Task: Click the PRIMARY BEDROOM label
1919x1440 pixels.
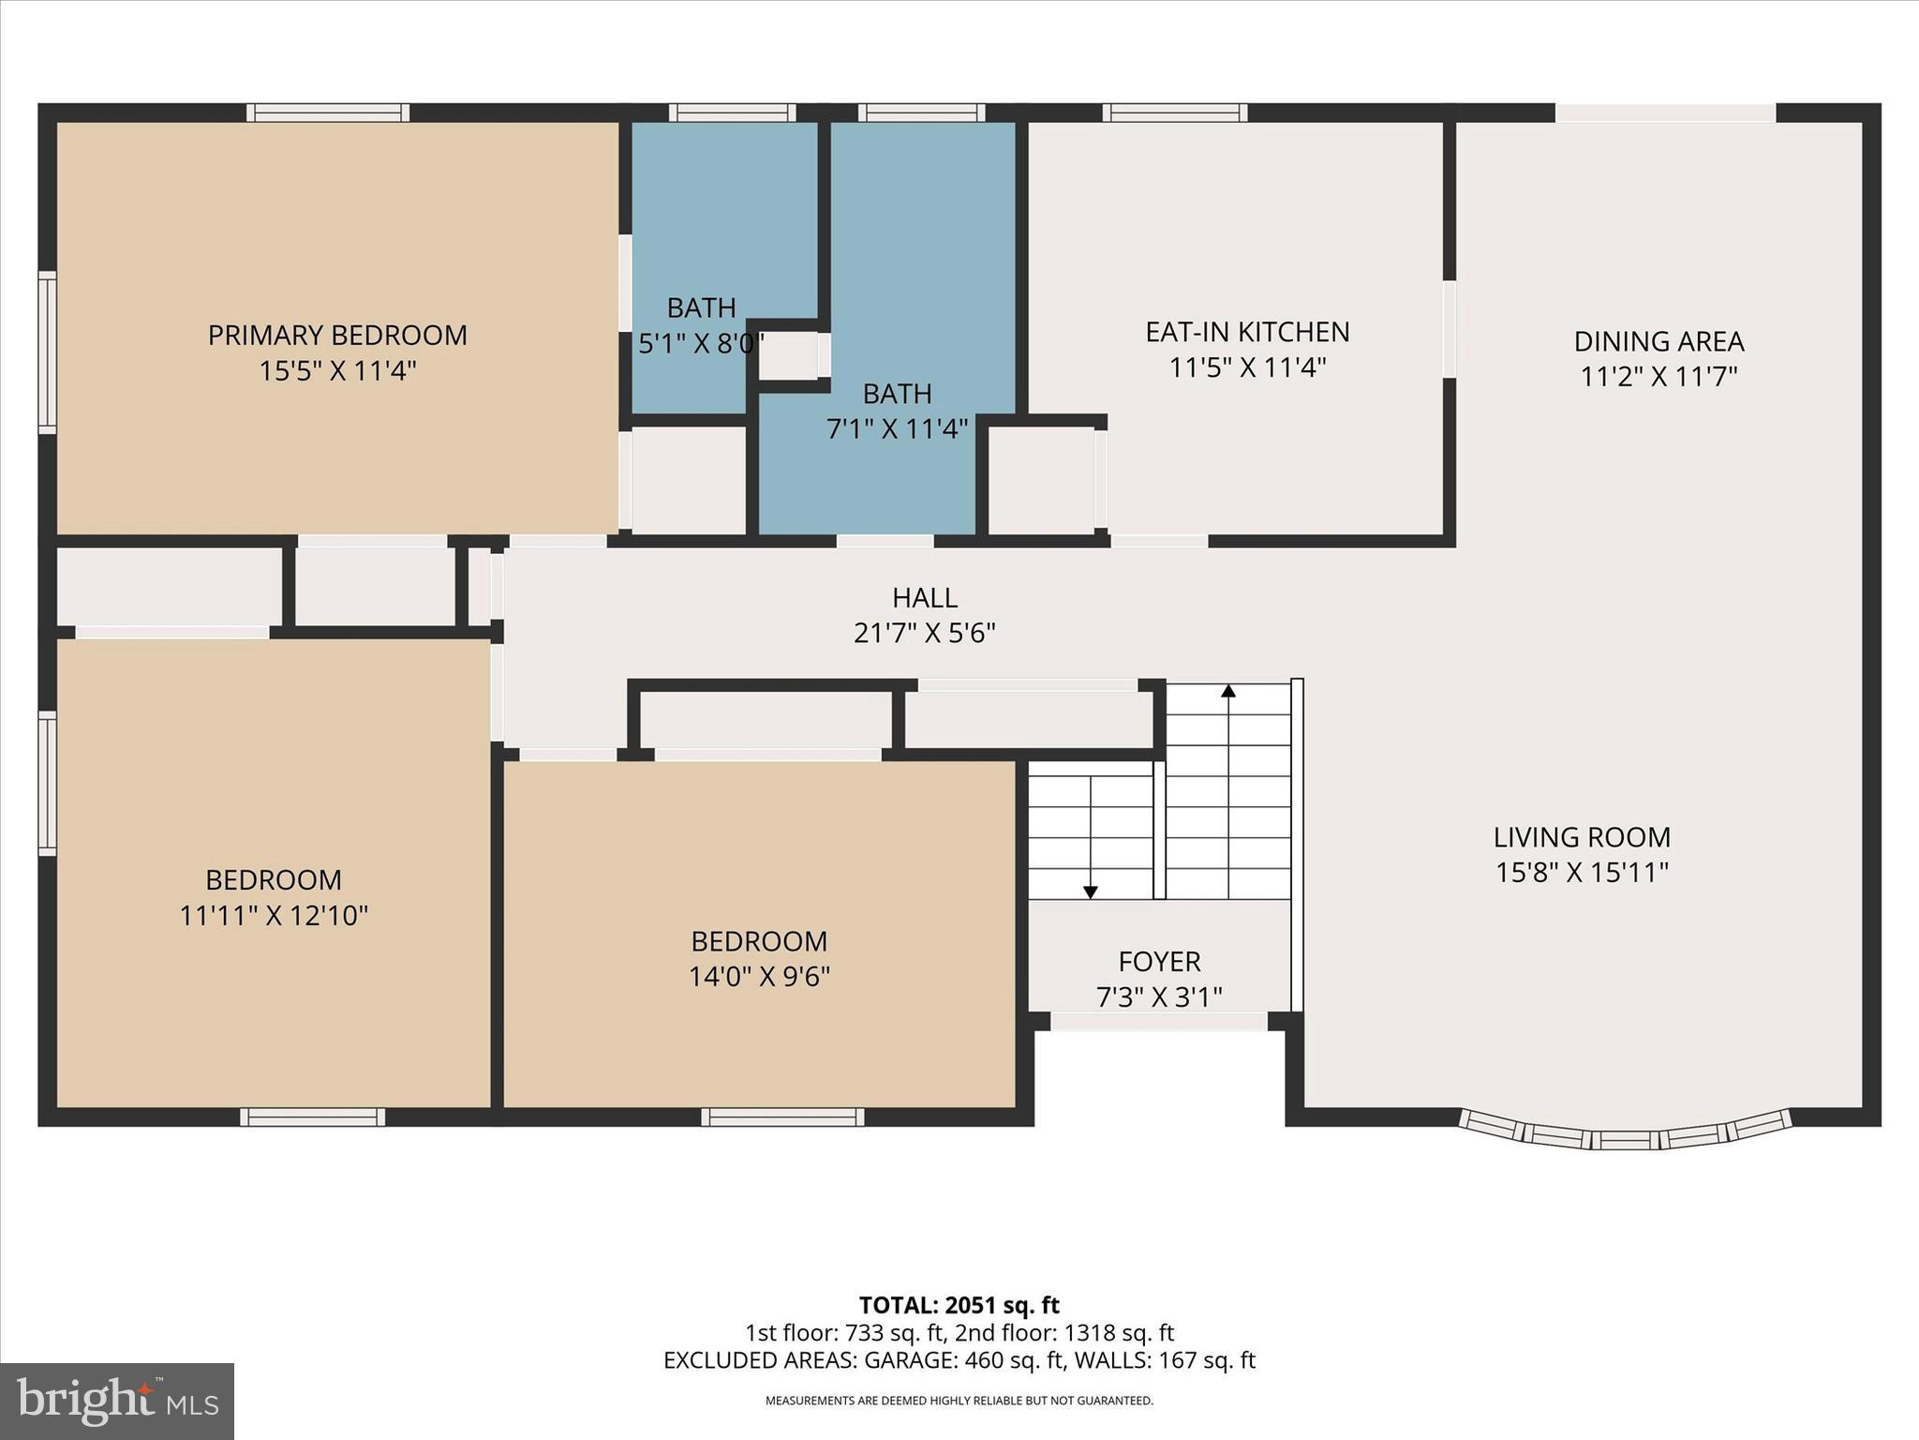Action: (337, 335)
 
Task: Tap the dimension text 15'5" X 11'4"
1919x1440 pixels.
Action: (337, 371)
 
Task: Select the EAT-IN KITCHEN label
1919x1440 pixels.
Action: (1247, 332)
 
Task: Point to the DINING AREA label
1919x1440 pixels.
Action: (1659, 341)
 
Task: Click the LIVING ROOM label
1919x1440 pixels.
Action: (1582, 837)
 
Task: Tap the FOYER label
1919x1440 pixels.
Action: (1159, 961)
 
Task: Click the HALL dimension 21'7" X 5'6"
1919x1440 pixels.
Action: (924, 634)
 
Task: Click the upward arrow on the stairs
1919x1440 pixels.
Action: (1228, 692)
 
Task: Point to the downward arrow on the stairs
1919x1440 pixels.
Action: (1091, 892)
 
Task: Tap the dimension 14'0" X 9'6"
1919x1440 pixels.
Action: (759, 977)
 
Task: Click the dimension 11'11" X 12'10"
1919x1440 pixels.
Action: (274, 915)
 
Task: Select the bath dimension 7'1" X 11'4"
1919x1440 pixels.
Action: (897, 429)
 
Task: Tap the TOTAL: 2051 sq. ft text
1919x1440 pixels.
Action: (959, 1305)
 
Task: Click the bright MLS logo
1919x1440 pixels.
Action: (117, 1401)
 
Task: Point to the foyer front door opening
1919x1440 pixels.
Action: (1158, 1021)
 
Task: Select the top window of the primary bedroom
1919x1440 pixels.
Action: (328, 112)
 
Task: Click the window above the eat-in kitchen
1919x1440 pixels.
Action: (1174, 112)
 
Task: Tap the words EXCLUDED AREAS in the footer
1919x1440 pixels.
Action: (759, 1359)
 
